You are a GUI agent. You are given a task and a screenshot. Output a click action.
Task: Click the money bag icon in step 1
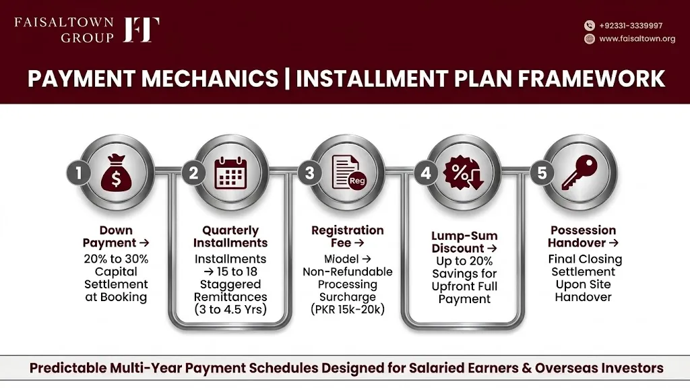pyautogui.click(x=116, y=172)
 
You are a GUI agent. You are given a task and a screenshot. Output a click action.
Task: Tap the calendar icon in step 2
pyautogui.click(x=230, y=173)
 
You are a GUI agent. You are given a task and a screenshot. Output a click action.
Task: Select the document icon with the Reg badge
pyautogui.click(x=348, y=173)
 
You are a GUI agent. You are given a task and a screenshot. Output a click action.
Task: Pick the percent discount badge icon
pyautogui.click(x=463, y=172)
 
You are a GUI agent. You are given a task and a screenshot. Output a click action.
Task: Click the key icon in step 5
pyautogui.click(x=579, y=172)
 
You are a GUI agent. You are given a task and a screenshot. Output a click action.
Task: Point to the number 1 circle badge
pyautogui.click(x=79, y=173)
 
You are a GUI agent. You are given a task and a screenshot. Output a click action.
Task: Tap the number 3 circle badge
pyautogui.click(x=310, y=173)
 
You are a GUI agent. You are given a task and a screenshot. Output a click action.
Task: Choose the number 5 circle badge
pyautogui.click(x=542, y=173)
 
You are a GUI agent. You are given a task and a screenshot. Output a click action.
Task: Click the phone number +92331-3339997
pyautogui.click(x=631, y=26)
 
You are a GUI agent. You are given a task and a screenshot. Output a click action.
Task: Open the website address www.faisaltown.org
pyautogui.click(x=637, y=38)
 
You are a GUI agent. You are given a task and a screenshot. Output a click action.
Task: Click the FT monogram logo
pyautogui.click(x=141, y=30)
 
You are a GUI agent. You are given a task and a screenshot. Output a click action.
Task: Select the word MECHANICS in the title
pyautogui.click(x=210, y=79)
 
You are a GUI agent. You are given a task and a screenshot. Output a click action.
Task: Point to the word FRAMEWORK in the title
pyautogui.click(x=591, y=79)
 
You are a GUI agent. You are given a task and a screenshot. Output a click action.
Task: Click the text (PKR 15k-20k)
pyautogui.click(x=348, y=309)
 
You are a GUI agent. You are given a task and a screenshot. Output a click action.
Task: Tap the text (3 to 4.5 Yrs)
pyautogui.click(x=230, y=309)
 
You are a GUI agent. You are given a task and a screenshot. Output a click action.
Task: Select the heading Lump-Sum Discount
pyautogui.click(x=465, y=242)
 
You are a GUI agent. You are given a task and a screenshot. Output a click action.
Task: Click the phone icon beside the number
pyautogui.click(x=590, y=26)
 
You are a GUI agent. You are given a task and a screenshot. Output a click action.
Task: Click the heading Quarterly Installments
pyautogui.click(x=230, y=236)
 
